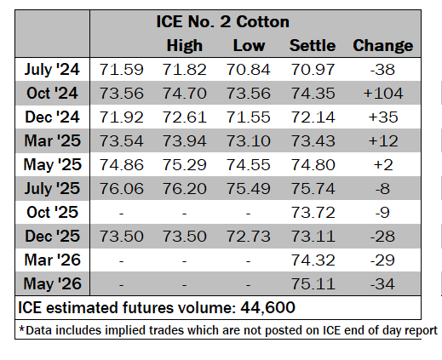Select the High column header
click(185, 45)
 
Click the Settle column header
click(313, 45)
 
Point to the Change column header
click(382, 45)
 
